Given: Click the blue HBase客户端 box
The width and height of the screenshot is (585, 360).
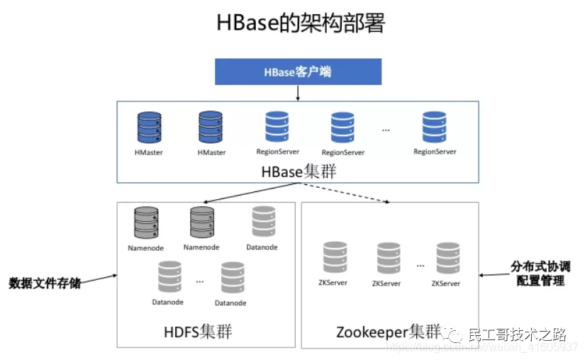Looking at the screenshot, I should (299, 72).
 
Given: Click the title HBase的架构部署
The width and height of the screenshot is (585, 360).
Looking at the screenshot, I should (300, 23).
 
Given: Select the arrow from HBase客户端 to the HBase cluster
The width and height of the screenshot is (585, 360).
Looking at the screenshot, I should (299, 93).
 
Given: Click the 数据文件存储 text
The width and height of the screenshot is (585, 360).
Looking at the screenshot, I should (45, 283).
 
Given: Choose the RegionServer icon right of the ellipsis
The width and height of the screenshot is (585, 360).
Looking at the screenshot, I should (435, 128).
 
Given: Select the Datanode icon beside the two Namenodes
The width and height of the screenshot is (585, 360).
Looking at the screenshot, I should (263, 222).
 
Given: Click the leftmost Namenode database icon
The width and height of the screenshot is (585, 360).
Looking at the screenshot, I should (146, 223).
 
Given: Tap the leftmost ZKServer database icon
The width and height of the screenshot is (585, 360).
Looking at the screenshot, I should (334, 258).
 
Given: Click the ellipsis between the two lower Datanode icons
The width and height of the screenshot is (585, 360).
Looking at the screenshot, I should (200, 281).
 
